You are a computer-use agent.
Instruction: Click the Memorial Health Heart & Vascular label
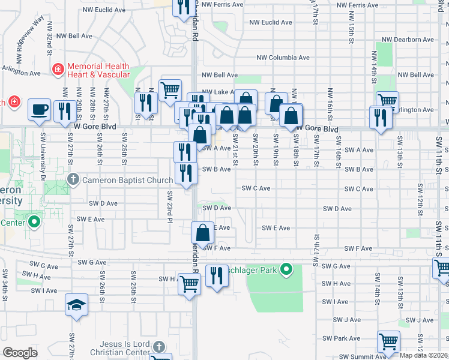tap(98, 70)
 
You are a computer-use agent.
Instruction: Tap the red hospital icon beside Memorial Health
tap(58, 70)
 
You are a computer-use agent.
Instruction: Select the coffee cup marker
tap(39, 109)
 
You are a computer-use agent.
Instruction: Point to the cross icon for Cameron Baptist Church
tap(73, 179)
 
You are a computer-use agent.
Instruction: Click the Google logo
tap(20, 353)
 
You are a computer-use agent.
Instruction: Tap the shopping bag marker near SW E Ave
tap(203, 232)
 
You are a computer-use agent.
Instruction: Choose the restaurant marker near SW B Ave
tap(186, 173)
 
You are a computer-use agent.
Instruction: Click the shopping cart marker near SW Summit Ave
tap(388, 341)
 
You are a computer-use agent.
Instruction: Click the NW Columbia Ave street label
tap(282, 58)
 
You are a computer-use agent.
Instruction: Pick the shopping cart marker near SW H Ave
tap(188, 284)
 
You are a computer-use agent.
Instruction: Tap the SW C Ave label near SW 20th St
tap(256, 188)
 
